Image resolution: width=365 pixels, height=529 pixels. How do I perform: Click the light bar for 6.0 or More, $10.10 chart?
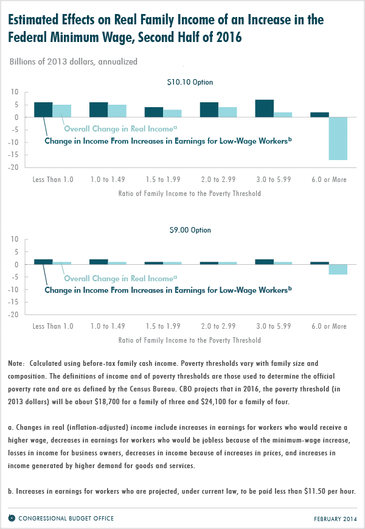tap(338, 139)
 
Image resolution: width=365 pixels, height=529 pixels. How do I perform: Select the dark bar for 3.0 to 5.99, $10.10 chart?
tap(264, 108)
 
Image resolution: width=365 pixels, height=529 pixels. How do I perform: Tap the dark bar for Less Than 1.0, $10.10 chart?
tap(43, 110)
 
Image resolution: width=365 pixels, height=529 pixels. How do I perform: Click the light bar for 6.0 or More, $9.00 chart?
tap(338, 270)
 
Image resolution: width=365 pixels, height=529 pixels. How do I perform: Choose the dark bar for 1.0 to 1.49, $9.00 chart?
tap(99, 262)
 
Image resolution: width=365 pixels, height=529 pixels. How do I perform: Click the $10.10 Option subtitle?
tap(190, 82)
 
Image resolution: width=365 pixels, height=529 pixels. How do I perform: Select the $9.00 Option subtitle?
tap(190, 230)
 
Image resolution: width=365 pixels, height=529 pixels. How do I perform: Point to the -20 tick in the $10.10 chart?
tap(13, 167)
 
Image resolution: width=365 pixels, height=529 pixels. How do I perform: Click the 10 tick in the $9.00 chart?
tap(15, 239)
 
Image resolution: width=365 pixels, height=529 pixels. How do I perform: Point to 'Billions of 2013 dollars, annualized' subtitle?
tap(74, 61)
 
